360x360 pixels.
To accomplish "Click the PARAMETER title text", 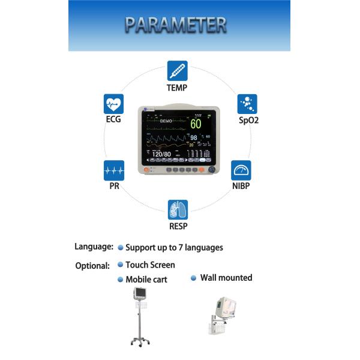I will [175, 25].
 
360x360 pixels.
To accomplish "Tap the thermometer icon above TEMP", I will [177, 71].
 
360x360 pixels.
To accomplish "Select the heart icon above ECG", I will [113, 104].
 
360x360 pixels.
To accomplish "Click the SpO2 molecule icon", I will [247, 104].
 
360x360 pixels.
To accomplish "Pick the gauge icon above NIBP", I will [241, 170].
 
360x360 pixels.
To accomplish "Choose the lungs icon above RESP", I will [178, 210].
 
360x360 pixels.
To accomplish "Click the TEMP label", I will [177, 88].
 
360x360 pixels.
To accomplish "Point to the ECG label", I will [113, 119].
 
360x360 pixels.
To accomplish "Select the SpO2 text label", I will [247, 120].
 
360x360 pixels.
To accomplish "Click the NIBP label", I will [241, 186].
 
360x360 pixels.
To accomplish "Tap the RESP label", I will [178, 226].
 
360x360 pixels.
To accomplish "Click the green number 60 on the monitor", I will [196, 124].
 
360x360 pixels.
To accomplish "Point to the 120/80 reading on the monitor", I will [161, 154].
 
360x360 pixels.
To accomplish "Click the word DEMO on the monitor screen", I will [166, 121].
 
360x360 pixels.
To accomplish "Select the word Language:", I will [94, 247].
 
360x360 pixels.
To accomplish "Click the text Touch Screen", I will [150, 265].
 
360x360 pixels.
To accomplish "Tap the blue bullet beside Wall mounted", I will [194, 278].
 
